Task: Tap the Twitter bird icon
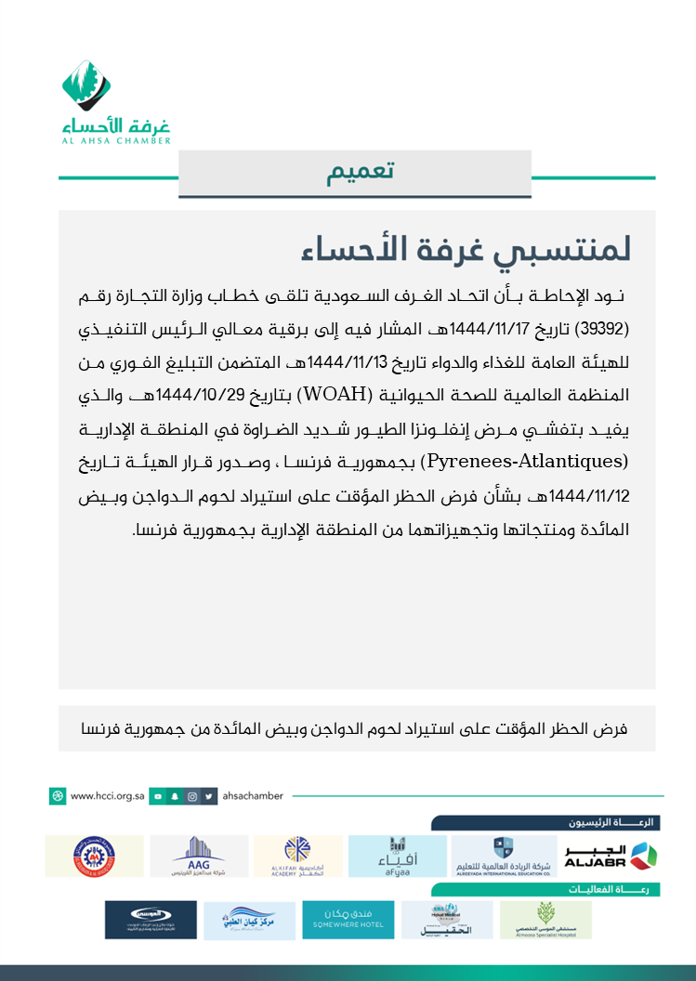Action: coord(210,796)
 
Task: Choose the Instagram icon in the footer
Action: coord(192,796)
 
